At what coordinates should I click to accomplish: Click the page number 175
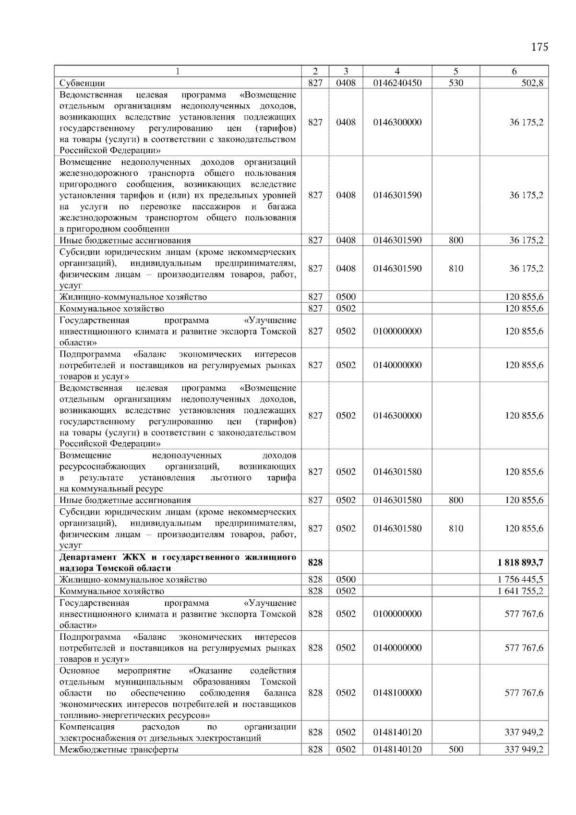(x=540, y=47)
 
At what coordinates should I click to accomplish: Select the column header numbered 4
(x=397, y=71)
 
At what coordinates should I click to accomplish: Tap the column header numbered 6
(x=514, y=71)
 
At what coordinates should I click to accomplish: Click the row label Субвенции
(x=82, y=83)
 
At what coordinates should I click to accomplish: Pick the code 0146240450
(x=397, y=83)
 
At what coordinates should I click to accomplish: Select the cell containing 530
(x=456, y=83)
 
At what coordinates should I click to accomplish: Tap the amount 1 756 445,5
(x=521, y=579)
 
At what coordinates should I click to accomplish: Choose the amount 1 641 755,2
(x=521, y=591)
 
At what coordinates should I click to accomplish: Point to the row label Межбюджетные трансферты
(x=119, y=749)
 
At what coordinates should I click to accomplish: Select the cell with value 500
(x=456, y=749)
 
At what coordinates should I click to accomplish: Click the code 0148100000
(x=397, y=693)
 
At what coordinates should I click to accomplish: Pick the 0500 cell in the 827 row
(x=346, y=297)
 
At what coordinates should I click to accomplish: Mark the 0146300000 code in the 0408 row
(x=397, y=122)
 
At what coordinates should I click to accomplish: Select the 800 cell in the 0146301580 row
(x=456, y=500)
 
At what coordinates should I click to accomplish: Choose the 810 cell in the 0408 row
(x=456, y=268)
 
